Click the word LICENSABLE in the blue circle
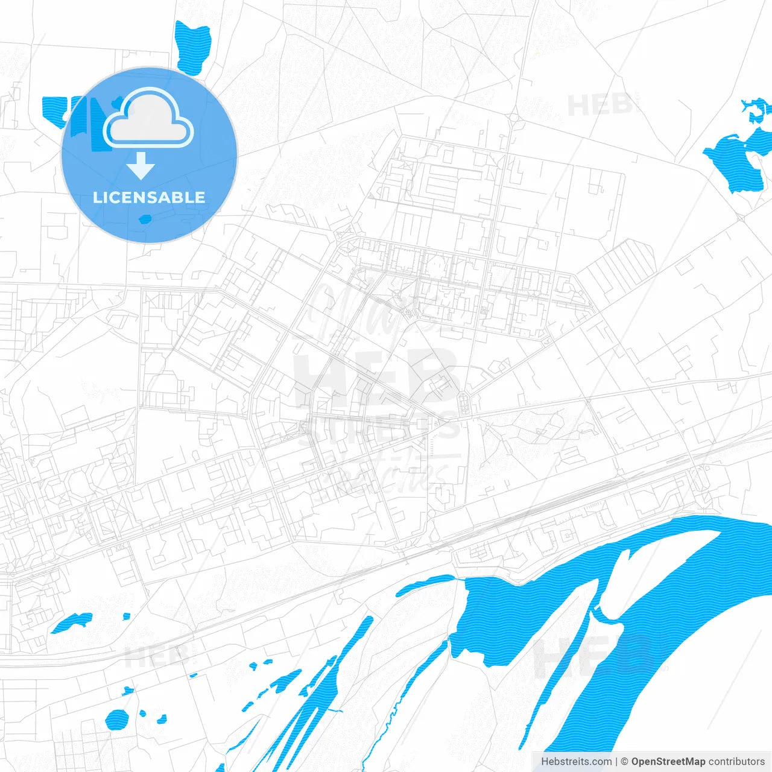[x=149, y=197]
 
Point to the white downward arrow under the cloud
[x=141, y=166]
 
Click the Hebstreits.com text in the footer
[x=576, y=762]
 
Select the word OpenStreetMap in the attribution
[x=668, y=762]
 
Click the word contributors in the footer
[x=736, y=762]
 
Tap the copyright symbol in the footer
[x=624, y=762]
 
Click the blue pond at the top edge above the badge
[x=192, y=47]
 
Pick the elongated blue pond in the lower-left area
[x=71, y=622]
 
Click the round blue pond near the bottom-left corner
[x=116, y=719]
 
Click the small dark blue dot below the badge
[x=145, y=219]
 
